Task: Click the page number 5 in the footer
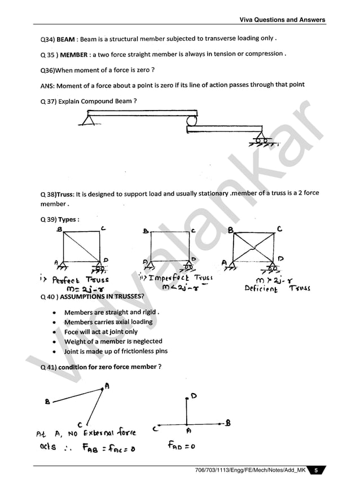[x=317, y=470]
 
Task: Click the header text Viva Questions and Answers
[x=282, y=20]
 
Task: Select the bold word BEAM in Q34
[x=66, y=39]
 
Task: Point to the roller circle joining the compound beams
[x=192, y=121]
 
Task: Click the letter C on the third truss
[x=280, y=229]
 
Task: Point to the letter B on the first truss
[x=59, y=230]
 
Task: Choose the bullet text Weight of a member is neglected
[x=113, y=341]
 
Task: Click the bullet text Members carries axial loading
[x=108, y=322]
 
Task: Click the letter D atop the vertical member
[x=194, y=397]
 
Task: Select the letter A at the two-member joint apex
[x=107, y=386]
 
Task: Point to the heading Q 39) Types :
[x=60, y=219]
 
